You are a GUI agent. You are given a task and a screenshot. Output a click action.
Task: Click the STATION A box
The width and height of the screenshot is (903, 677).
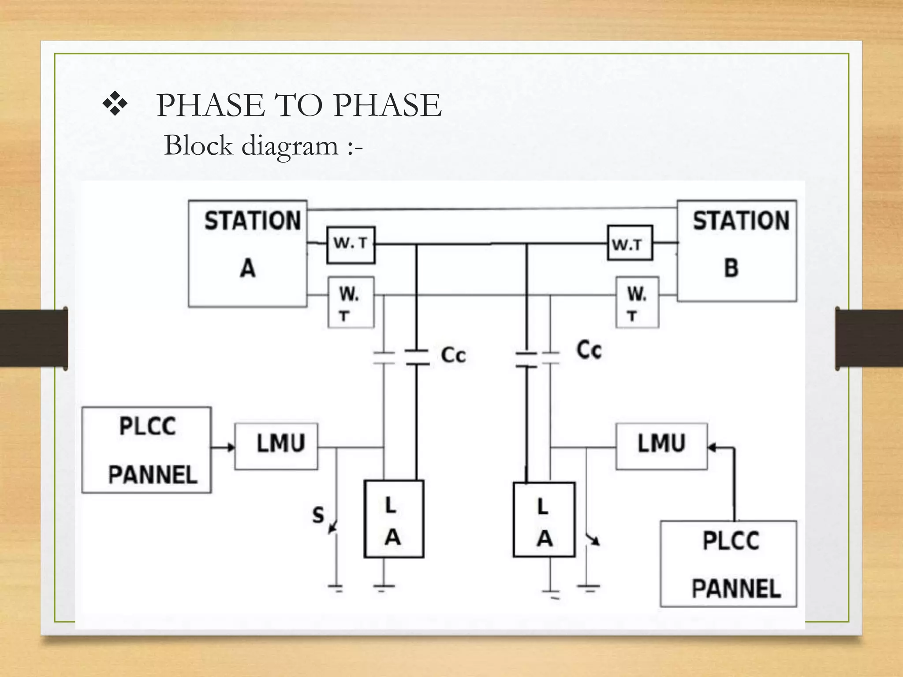(x=247, y=253)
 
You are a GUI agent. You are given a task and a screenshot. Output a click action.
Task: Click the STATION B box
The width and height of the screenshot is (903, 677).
(x=737, y=251)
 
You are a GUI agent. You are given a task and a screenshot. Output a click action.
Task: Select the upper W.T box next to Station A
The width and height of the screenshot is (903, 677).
(x=351, y=245)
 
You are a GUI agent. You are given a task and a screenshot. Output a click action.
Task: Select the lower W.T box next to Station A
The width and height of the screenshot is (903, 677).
(x=351, y=302)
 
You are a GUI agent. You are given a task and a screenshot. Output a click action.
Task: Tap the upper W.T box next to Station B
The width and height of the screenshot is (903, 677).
(x=630, y=243)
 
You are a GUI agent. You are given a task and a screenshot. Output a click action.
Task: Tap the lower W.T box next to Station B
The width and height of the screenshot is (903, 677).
(x=637, y=302)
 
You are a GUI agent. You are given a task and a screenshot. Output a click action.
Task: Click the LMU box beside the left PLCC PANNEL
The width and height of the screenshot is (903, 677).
(x=276, y=446)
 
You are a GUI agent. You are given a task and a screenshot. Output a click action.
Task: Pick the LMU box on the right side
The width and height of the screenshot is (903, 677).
(x=661, y=446)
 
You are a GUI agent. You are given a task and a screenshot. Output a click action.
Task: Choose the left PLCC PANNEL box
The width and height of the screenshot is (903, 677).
(x=147, y=450)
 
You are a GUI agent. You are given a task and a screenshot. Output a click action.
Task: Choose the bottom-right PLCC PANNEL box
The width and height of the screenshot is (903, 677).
(x=728, y=564)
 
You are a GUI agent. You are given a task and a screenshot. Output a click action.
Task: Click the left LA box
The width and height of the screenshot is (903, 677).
(x=394, y=519)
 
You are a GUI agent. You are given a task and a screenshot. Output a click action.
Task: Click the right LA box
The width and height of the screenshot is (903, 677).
(x=544, y=520)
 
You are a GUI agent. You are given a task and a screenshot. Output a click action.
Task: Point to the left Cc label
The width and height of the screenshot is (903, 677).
(x=453, y=355)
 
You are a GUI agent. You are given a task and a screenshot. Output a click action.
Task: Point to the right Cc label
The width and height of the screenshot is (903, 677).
(x=589, y=350)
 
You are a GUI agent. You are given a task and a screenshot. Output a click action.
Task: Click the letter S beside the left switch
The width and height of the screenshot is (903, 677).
(x=318, y=515)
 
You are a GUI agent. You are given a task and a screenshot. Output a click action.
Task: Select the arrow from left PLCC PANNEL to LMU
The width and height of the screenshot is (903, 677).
(x=223, y=448)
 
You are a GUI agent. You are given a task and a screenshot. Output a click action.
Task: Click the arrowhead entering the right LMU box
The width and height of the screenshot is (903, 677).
(x=713, y=448)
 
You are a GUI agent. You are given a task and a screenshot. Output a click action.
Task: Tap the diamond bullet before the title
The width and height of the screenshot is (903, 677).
(x=115, y=104)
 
